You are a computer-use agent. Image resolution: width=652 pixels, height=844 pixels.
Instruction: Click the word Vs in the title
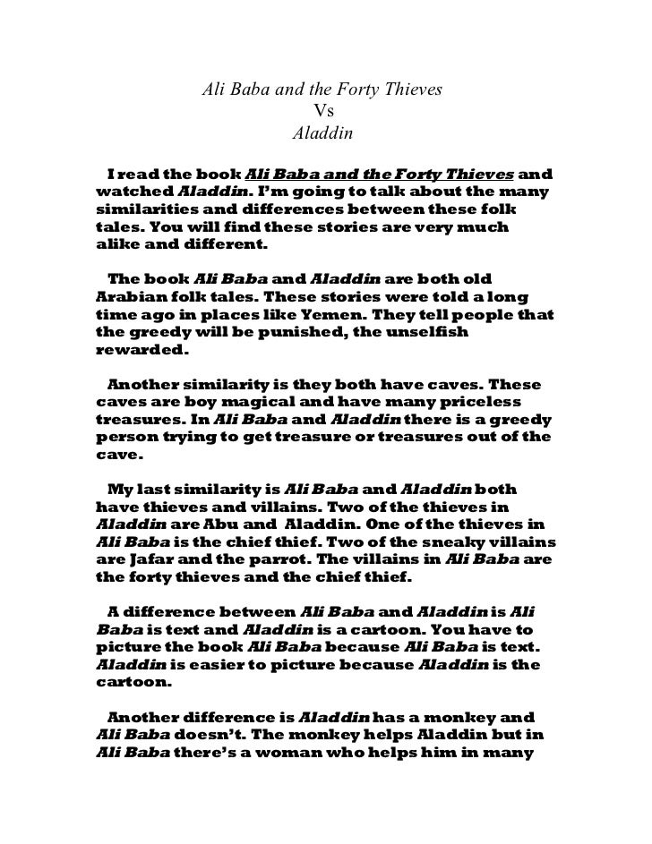(x=324, y=113)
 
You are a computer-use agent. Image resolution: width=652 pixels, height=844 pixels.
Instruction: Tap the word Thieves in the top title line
(x=415, y=90)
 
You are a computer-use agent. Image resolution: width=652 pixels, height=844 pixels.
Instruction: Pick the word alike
(x=116, y=245)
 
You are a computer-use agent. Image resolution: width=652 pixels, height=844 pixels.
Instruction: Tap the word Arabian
(x=127, y=295)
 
